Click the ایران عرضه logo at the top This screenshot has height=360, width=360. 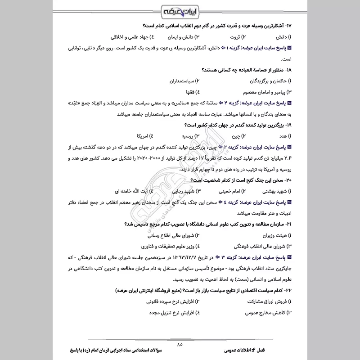(x=180, y=10)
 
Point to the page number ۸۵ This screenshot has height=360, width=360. (x=180, y=344)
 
